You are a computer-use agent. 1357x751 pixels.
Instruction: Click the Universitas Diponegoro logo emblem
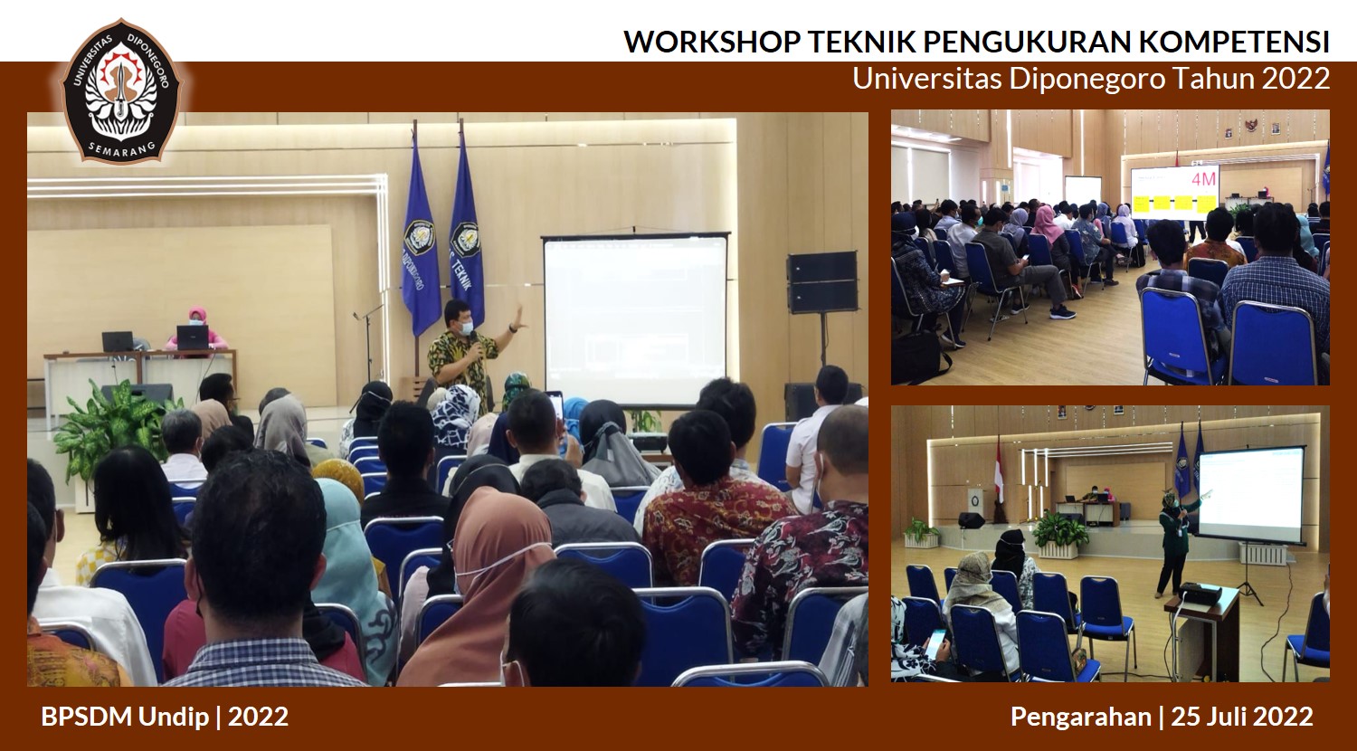(120, 90)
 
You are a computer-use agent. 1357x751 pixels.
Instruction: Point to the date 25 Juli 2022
(1242, 717)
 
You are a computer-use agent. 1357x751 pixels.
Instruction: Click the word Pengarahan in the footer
(1081, 717)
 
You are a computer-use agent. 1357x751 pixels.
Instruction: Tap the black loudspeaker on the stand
(821, 282)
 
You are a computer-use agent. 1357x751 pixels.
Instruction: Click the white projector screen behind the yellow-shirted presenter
(635, 320)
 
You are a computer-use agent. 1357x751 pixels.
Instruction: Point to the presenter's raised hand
(518, 317)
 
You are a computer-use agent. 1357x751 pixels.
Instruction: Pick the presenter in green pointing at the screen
(1172, 543)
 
